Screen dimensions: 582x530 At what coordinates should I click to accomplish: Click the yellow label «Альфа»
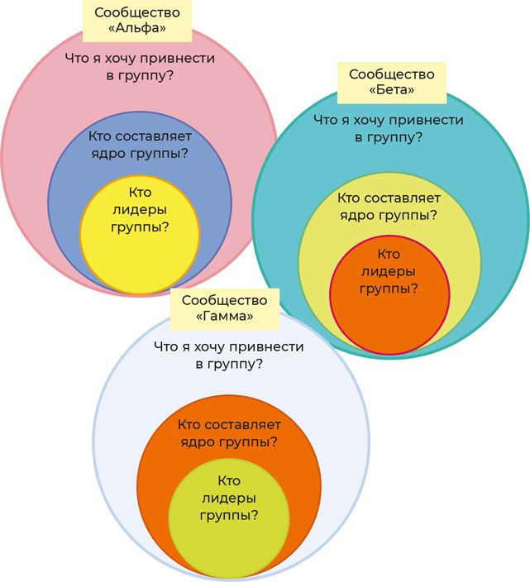pos(137,21)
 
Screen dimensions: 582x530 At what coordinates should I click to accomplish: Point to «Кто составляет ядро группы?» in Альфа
pos(140,144)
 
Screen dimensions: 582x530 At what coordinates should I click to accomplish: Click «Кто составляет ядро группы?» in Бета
pos(389,207)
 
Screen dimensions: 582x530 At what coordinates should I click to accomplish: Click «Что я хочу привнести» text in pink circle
pos(140,59)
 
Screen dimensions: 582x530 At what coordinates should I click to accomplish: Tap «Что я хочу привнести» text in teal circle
pos(389,120)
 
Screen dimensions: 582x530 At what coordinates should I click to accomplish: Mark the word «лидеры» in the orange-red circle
pos(389,271)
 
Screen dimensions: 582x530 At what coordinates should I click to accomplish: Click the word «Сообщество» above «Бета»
pos(391,73)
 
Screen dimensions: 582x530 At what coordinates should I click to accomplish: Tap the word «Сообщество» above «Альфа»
pos(137,12)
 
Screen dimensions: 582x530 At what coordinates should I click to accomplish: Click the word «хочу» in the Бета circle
pos(380,120)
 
